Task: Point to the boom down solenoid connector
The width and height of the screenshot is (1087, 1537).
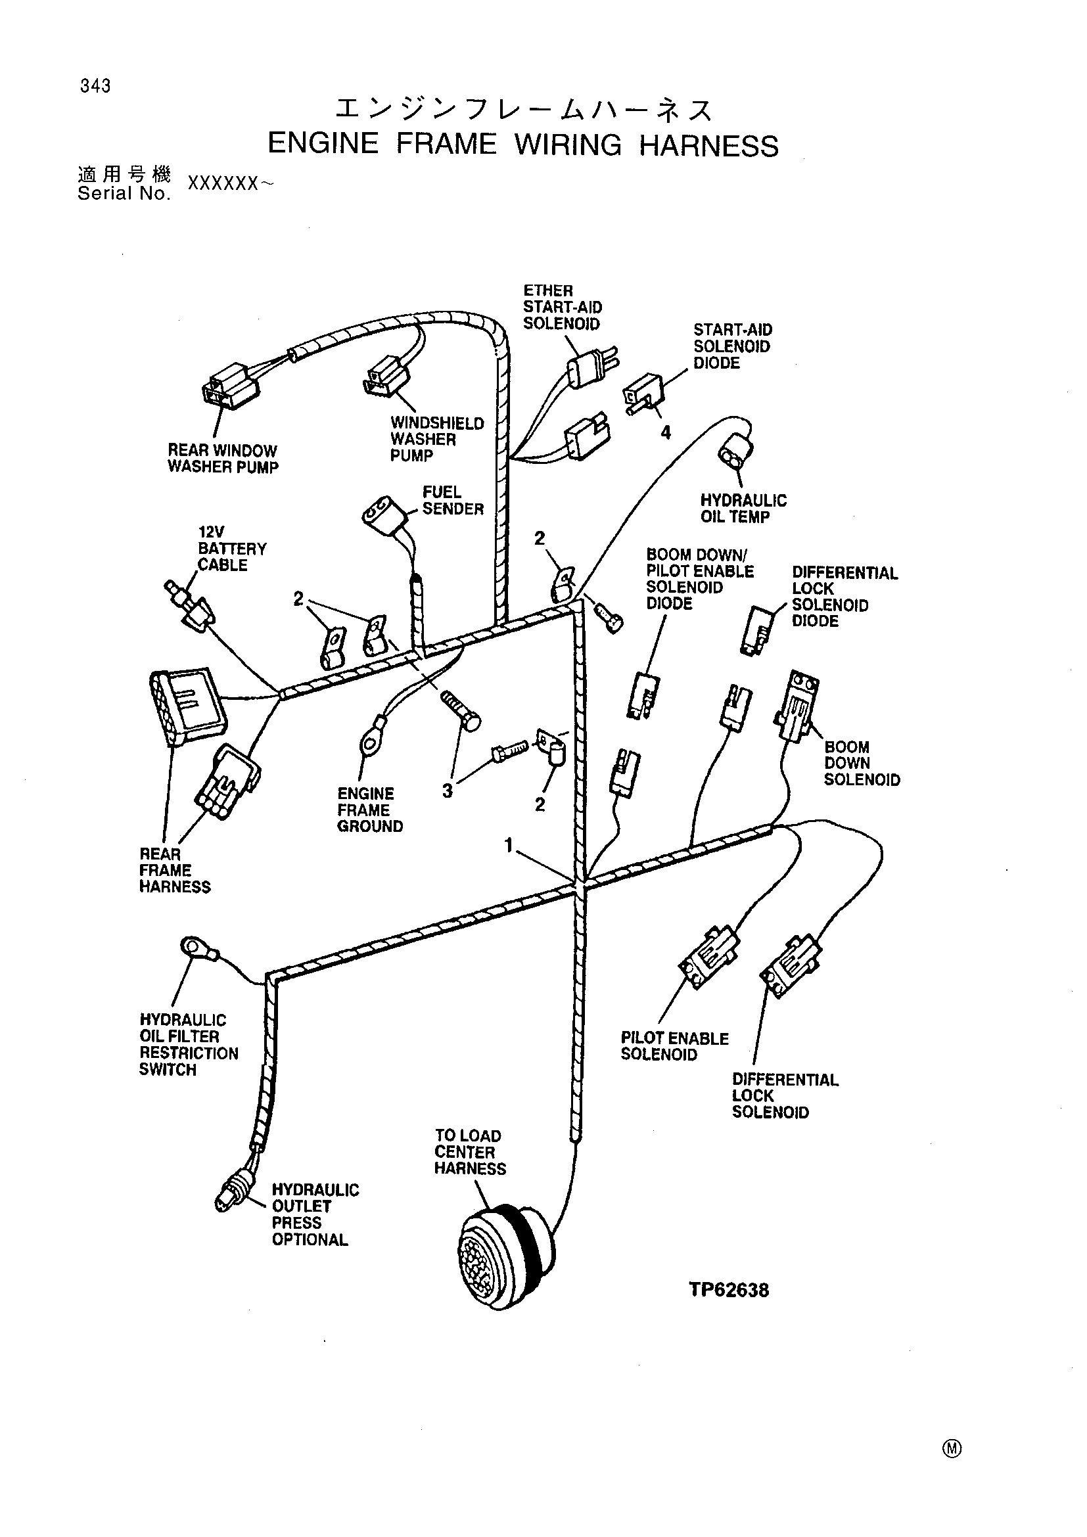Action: pos(797,706)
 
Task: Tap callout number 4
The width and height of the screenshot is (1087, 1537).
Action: pos(665,433)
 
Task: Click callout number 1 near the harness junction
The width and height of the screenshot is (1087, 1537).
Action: pos(509,846)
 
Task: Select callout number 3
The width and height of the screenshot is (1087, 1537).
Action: pos(447,791)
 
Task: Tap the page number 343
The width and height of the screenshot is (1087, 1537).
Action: pos(95,85)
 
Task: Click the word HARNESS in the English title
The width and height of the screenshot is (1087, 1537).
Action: pos(709,145)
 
